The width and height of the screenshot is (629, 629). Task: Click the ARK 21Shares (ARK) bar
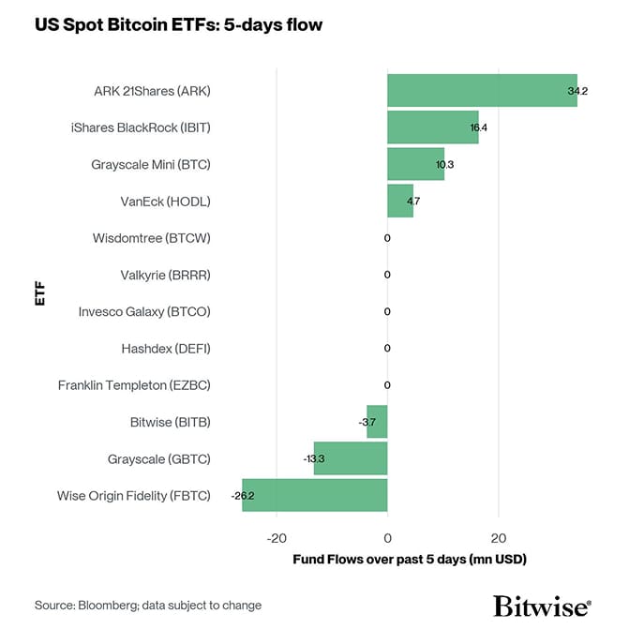[482, 91]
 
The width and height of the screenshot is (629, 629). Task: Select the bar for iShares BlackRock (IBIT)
[433, 127]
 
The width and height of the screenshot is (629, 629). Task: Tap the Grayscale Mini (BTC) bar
[415, 164]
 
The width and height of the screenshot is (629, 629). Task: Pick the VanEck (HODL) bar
[400, 201]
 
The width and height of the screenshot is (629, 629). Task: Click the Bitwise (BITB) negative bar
[377, 422]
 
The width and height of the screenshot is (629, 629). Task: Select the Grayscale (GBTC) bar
[351, 458]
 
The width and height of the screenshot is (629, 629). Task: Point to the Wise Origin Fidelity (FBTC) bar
[314, 495]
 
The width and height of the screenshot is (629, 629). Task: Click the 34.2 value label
[577, 91]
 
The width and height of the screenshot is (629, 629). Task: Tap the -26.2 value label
[243, 495]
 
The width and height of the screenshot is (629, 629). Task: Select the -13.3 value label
[314, 458]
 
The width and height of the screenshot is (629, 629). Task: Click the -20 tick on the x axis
[276, 538]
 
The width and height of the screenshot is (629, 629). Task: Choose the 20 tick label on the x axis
[499, 538]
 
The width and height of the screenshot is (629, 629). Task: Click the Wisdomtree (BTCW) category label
[152, 238]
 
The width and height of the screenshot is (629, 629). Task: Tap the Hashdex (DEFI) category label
[166, 349]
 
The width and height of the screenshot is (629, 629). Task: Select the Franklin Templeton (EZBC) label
[134, 385]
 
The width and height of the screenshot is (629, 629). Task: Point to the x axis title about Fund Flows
[410, 560]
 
